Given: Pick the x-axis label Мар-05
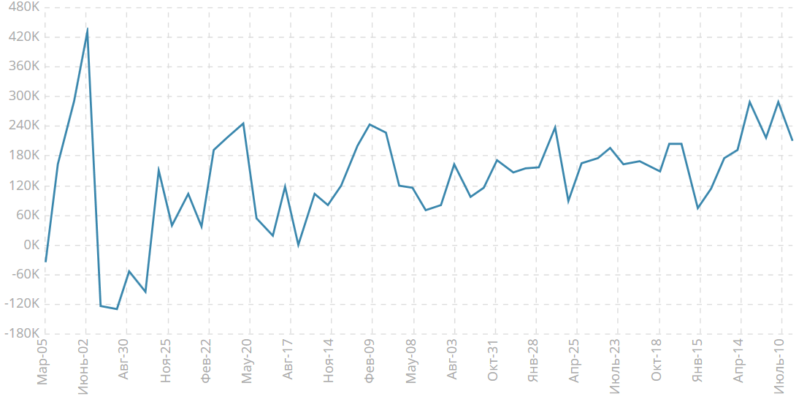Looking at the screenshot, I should pos(44,360).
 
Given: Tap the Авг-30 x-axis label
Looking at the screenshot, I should pos(125,360).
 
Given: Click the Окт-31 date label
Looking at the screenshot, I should pos(494,360).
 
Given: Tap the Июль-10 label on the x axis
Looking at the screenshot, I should pos(780,363).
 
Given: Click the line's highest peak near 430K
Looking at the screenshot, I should pos(87,29).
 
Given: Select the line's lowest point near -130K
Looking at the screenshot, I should pos(117,309).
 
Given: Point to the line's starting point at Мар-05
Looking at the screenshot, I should pos(45,262).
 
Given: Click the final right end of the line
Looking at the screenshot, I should pos(792,140).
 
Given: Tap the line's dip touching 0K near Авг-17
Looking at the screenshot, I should pos(298,246).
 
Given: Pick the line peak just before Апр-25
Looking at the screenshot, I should pos(555,127).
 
